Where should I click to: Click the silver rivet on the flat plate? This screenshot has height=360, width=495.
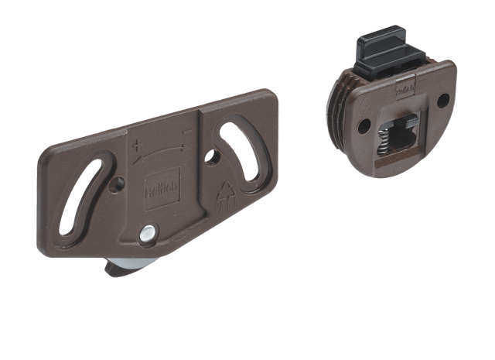point(147,231)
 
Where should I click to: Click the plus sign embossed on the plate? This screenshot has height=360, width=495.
point(137,146)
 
